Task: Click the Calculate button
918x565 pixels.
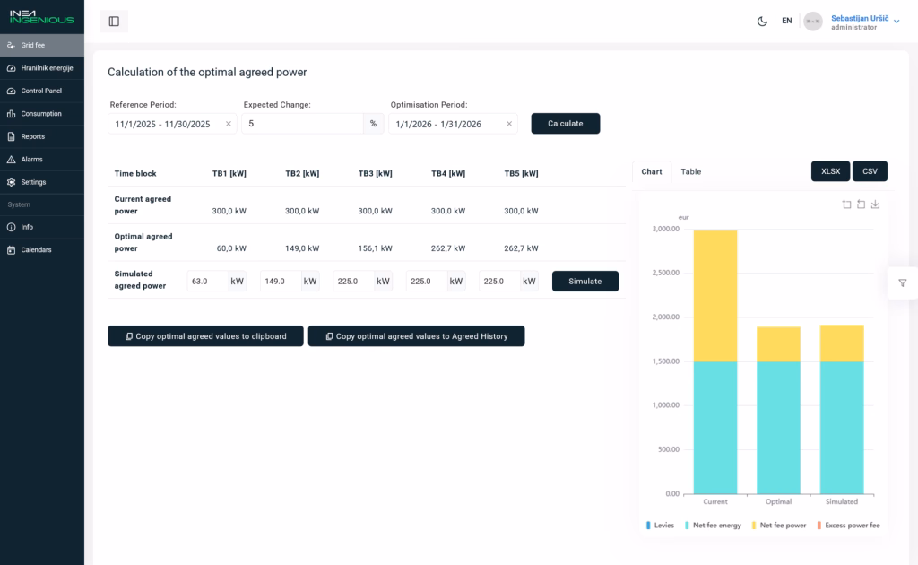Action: tap(565, 124)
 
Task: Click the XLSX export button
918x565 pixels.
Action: tap(830, 171)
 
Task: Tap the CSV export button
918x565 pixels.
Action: tap(870, 171)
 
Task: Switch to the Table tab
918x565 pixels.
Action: tap(691, 171)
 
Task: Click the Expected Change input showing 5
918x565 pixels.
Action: tap(302, 124)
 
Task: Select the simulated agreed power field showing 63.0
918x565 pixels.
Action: tap(207, 281)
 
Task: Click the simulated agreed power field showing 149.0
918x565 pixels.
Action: tap(281, 281)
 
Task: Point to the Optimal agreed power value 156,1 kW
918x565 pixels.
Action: tap(376, 248)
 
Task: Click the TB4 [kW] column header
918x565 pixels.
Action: tap(448, 173)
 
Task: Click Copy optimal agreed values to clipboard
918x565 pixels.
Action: tap(205, 336)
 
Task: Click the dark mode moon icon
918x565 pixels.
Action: tap(762, 22)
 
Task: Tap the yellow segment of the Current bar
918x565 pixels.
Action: tap(714, 296)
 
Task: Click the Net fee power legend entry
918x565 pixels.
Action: tap(779, 526)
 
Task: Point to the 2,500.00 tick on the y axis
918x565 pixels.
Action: tap(666, 273)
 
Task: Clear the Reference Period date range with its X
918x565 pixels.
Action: tap(229, 124)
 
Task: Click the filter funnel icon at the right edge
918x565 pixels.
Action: tap(902, 283)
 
